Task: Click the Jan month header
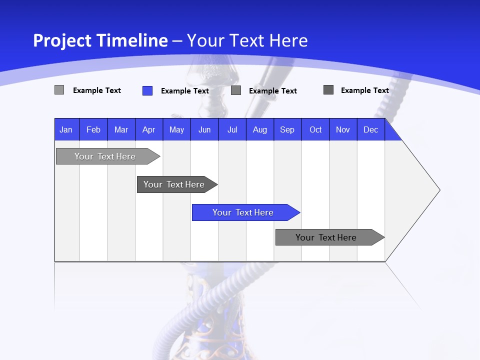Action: (66, 129)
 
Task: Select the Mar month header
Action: (121, 129)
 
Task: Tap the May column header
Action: (176, 129)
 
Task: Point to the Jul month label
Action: (232, 129)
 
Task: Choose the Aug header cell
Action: (260, 129)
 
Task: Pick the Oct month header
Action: (315, 129)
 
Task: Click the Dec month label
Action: (371, 129)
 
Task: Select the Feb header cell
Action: (93, 129)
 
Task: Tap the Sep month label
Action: (287, 129)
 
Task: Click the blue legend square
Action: (147, 90)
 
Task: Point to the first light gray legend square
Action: (59, 90)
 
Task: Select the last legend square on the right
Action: (328, 90)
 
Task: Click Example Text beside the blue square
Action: (184, 91)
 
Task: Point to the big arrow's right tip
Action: (439, 190)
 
